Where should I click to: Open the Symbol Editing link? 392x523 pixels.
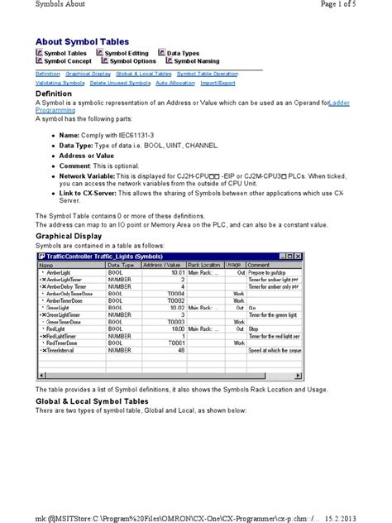pyautogui.click(x=131, y=52)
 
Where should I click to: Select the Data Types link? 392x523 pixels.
pyautogui.click(x=183, y=52)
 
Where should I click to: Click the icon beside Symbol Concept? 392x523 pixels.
pyautogui.click(x=39, y=60)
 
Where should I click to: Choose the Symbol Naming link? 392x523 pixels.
pyautogui.click(x=197, y=60)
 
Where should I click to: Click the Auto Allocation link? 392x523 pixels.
pyautogui.click(x=174, y=83)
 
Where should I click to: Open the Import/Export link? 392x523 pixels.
pyautogui.click(x=218, y=83)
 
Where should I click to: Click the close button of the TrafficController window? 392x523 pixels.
pyautogui.click(x=299, y=258)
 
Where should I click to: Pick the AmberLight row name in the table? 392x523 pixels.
pyautogui.click(x=59, y=272)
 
